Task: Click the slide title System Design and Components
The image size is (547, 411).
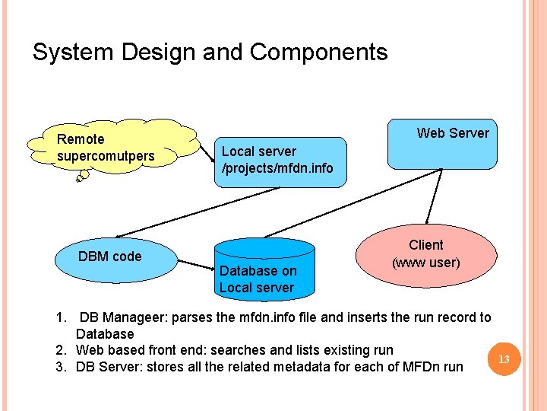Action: pyautogui.click(x=210, y=53)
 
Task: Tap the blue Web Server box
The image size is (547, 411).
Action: pyautogui.click(x=442, y=143)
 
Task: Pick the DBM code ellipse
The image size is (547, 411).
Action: pyautogui.click(x=109, y=256)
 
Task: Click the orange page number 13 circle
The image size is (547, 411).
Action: pyautogui.click(x=502, y=358)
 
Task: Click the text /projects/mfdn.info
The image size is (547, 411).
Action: pyautogui.click(x=277, y=168)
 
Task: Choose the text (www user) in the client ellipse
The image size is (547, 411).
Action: pyautogui.click(x=425, y=263)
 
